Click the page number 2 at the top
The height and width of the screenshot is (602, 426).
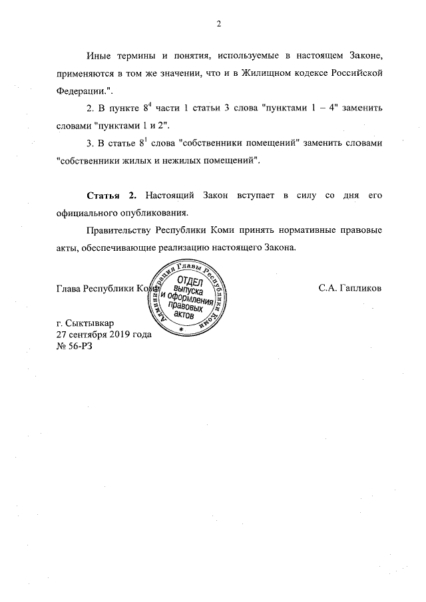[218, 25]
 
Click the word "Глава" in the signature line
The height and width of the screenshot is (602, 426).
[70, 291]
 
